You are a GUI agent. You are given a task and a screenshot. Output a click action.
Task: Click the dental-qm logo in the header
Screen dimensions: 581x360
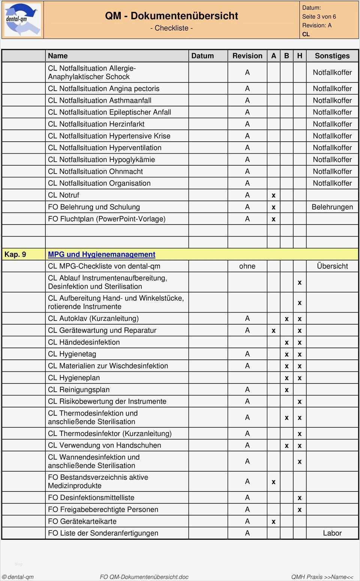point(22,19)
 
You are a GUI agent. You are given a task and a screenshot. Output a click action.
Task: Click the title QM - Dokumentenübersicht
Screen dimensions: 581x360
point(171,16)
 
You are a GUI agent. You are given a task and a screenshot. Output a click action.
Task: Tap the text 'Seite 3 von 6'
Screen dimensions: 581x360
point(319,16)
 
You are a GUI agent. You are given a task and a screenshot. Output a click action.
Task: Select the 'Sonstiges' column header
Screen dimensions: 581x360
point(332,56)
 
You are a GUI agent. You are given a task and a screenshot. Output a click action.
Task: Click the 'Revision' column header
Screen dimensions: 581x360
point(247,56)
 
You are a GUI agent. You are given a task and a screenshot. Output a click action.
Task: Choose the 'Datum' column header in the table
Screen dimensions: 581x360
point(202,56)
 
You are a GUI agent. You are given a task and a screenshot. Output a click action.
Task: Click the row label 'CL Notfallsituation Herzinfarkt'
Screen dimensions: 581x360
point(96,124)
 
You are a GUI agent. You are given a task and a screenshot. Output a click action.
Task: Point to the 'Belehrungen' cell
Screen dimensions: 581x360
point(332,207)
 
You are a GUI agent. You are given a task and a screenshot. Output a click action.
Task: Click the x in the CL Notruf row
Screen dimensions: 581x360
point(273,195)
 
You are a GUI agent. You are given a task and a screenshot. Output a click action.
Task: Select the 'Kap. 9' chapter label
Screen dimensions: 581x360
point(15,255)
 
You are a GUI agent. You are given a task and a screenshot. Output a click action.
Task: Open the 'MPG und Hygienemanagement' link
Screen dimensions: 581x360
point(101,255)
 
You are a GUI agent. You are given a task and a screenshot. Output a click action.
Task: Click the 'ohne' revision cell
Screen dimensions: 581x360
point(247,266)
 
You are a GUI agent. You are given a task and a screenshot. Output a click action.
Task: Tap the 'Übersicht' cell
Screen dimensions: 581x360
point(332,266)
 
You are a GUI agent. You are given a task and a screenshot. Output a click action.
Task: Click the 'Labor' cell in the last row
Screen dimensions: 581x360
point(332,533)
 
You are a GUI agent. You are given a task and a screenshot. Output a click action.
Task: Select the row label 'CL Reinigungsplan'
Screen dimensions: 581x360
point(79,389)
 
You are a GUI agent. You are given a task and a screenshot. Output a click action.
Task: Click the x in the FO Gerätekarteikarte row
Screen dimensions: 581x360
point(273,521)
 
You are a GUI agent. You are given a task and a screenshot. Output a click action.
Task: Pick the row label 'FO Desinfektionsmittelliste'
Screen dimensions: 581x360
point(91,497)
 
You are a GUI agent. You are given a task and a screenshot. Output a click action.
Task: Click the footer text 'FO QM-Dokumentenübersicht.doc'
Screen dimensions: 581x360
point(144,577)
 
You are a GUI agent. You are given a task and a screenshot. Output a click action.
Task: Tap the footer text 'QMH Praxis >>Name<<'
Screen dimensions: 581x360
point(322,577)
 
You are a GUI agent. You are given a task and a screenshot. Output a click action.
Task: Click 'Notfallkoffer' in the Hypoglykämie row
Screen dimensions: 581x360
point(332,160)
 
